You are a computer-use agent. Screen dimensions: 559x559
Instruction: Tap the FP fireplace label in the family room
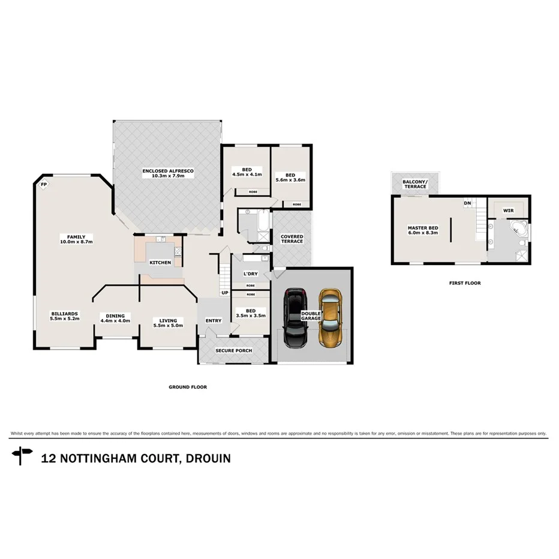tap(43, 185)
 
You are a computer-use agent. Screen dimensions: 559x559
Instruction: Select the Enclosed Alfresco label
tap(168, 174)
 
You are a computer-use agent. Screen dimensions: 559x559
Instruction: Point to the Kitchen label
tap(160, 263)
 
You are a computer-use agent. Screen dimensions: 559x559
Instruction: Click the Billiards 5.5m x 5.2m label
tap(65, 316)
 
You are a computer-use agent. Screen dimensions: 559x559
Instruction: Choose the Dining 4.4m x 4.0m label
tap(115, 318)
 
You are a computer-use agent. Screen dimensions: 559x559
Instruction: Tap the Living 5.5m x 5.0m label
tap(167, 322)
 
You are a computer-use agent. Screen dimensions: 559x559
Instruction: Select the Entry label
tap(213, 321)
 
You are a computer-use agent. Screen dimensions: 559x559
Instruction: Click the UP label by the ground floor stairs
tap(225, 293)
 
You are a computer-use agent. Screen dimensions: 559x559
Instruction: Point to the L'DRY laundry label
tap(250, 274)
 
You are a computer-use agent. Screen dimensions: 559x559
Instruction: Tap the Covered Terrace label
tap(292, 239)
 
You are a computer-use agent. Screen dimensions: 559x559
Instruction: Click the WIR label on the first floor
tap(509, 211)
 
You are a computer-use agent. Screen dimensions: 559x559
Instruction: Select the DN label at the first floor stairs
tap(467, 203)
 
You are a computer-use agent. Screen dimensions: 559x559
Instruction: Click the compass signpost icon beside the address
tap(22, 455)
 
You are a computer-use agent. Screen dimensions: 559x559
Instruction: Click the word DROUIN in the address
tap(208, 458)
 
